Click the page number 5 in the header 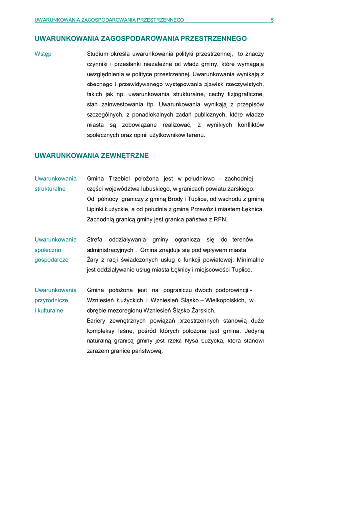[272, 20]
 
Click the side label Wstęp [43, 54]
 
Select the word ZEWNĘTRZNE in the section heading [125, 156]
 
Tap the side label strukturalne [50, 189]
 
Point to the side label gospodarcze [51, 260]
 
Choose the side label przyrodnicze [51, 300]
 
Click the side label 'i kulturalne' [49, 311]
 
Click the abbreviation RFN [220, 219]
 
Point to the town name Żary [93, 260]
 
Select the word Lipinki [96, 209]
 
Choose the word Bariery [97, 321]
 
